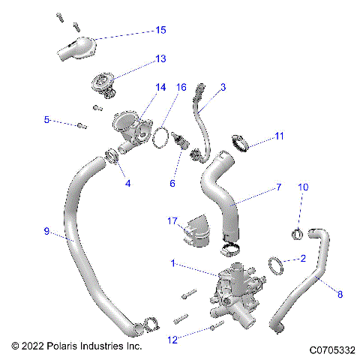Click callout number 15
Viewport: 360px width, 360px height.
(x=160, y=30)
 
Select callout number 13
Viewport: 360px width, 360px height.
(x=160, y=58)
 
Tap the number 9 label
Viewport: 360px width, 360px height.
(x=47, y=232)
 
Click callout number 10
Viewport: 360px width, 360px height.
(x=303, y=187)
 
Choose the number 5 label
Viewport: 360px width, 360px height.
(x=46, y=119)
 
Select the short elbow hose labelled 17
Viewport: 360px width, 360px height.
(x=196, y=230)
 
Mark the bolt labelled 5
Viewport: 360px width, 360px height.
(x=79, y=124)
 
